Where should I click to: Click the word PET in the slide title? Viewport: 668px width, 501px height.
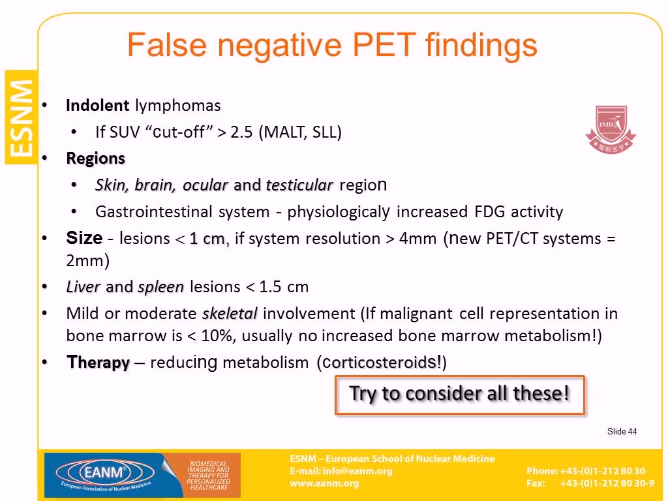coord(384,45)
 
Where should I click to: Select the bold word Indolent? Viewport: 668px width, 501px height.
coord(98,105)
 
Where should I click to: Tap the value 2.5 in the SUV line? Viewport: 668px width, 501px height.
coord(241,132)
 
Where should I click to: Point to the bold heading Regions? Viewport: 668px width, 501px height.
coord(95,159)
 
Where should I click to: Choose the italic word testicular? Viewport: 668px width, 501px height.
coord(299,185)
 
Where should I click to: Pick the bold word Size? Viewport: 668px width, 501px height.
coord(84,237)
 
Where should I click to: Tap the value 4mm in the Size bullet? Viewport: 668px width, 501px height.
coord(417,238)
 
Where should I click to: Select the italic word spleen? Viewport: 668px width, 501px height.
coord(161,287)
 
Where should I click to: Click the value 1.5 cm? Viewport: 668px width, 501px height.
coord(284,287)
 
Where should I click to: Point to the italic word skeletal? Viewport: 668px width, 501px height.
coord(230,314)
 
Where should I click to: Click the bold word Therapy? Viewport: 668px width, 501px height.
coord(98,362)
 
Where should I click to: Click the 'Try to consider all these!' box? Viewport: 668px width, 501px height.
coord(460,395)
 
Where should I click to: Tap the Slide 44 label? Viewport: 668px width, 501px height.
coord(622,431)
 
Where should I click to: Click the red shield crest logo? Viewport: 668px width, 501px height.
coord(611,129)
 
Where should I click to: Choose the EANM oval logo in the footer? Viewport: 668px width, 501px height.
coord(105,472)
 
